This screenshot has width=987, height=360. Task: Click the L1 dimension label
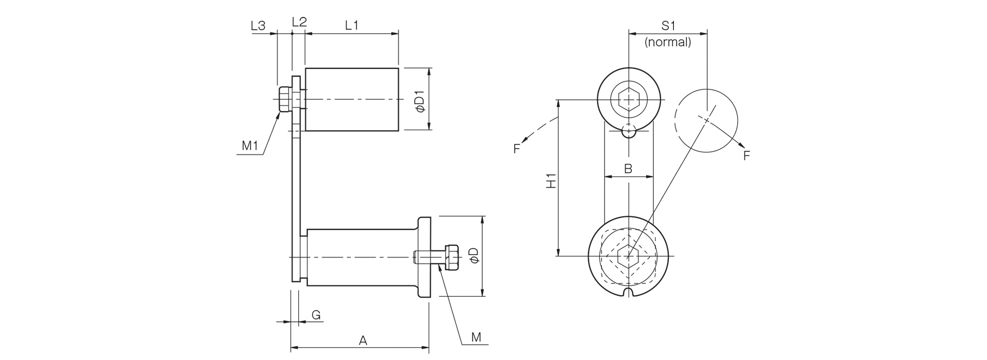click(x=352, y=25)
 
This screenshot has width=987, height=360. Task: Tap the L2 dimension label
click(x=299, y=22)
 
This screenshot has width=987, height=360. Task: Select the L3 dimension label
click(x=258, y=25)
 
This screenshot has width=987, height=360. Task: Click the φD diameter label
click(x=474, y=256)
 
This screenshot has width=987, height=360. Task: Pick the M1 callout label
click(x=250, y=146)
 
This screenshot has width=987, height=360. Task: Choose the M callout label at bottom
click(x=477, y=337)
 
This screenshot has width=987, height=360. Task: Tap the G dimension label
click(x=317, y=315)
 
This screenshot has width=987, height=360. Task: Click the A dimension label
click(x=363, y=340)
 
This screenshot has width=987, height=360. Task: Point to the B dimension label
click(x=628, y=168)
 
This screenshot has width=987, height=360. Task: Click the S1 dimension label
click(x=668, y=25)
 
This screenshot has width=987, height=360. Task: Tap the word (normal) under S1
click(x=668, y=42)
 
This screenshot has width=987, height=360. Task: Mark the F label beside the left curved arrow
click(x=517, y=149)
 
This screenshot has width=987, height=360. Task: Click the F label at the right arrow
click(x=747, y=155)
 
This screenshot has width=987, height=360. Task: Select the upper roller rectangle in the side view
click(x=352, y=99)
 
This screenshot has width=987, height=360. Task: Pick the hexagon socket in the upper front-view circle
click(x=628, y=99)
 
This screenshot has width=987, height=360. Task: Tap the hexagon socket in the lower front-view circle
click(x=628, y=256)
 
